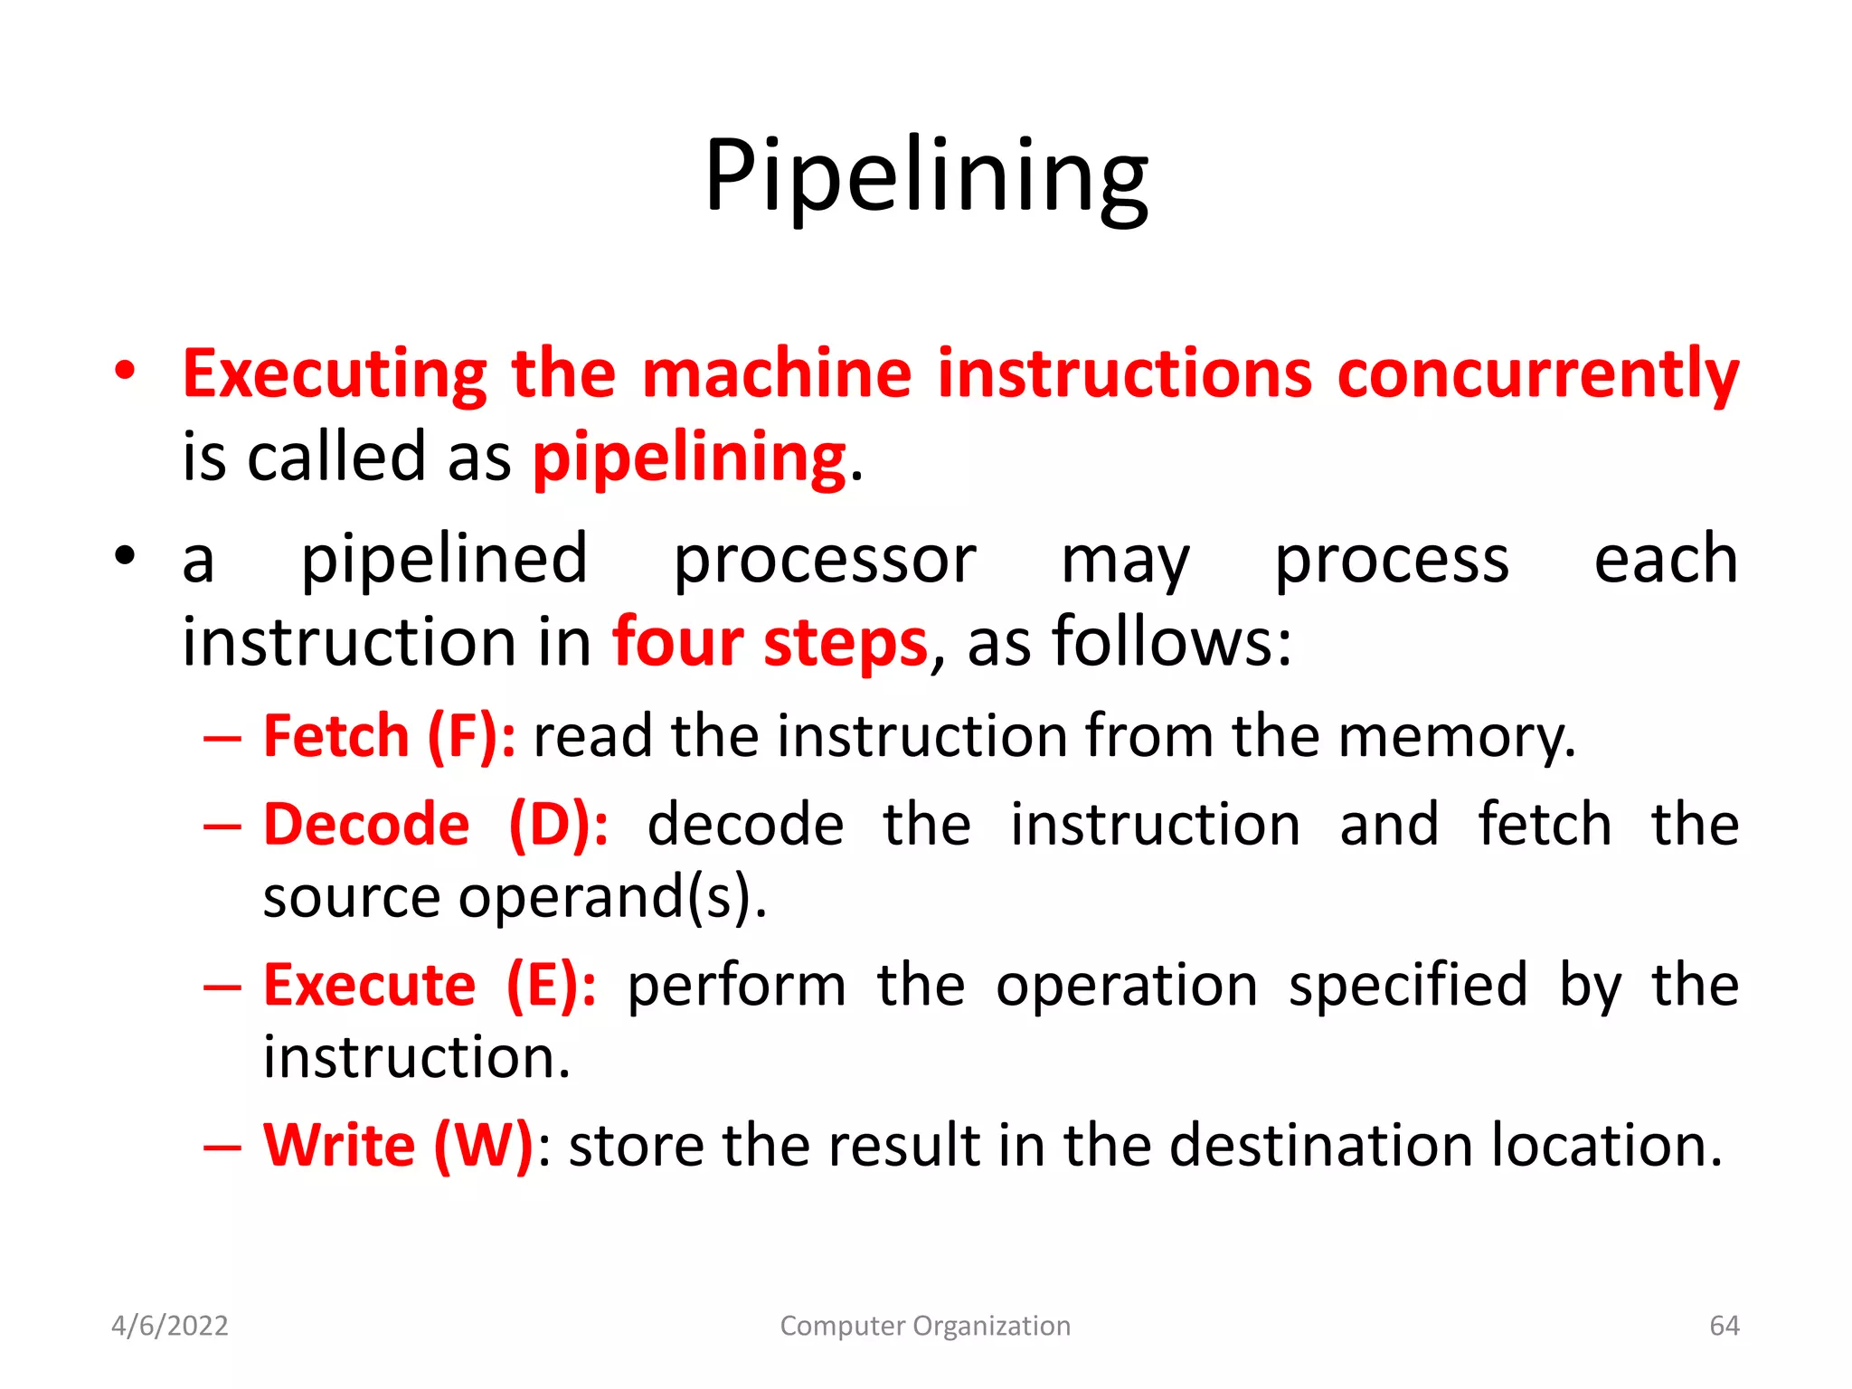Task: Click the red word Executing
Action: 335,373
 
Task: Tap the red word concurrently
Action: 1537,373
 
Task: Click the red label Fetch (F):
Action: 390,736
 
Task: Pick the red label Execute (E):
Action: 430,985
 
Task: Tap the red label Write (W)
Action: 398,1146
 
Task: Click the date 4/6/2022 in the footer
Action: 170,1326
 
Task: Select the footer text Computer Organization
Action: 925,1326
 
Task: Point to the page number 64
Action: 1724,1326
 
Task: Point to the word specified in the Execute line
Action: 1408,985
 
